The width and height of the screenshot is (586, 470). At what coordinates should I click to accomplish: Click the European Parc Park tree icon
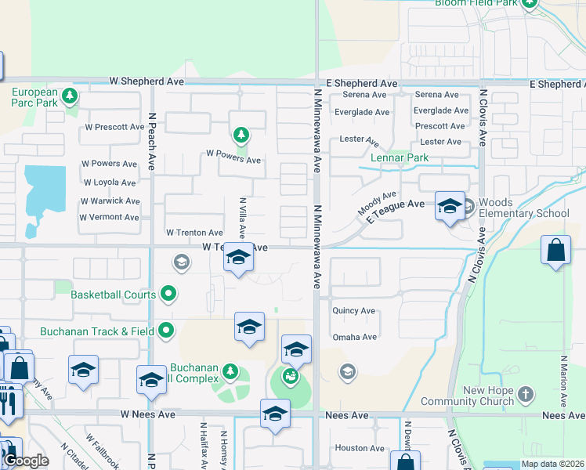tap(71, 96)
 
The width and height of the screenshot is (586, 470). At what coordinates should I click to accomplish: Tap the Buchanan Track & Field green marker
tap(166, 331)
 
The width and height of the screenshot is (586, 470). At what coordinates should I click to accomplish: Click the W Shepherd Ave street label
tap(147, 81)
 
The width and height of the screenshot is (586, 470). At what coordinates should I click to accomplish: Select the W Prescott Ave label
tap(115, 126)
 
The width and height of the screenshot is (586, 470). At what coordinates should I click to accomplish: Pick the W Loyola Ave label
tap(109, 183)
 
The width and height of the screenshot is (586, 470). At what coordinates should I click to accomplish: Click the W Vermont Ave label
tap(110, 217)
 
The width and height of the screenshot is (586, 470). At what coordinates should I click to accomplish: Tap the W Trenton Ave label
tap(194, 233)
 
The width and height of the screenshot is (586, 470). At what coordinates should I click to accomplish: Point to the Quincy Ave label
tap(354, 311)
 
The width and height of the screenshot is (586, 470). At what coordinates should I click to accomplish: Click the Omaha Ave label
tap(355, 337)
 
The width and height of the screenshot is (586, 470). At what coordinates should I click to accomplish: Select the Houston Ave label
tap(360, 448)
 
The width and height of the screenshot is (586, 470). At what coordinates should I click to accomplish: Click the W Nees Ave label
tap(148, 414)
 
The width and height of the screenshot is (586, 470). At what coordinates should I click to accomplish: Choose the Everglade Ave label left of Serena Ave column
tap(362, 112)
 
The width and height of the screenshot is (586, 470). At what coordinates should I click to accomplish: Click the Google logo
tap(26, 461)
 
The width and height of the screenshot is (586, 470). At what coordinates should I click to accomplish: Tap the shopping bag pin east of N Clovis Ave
tap(555, 251)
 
